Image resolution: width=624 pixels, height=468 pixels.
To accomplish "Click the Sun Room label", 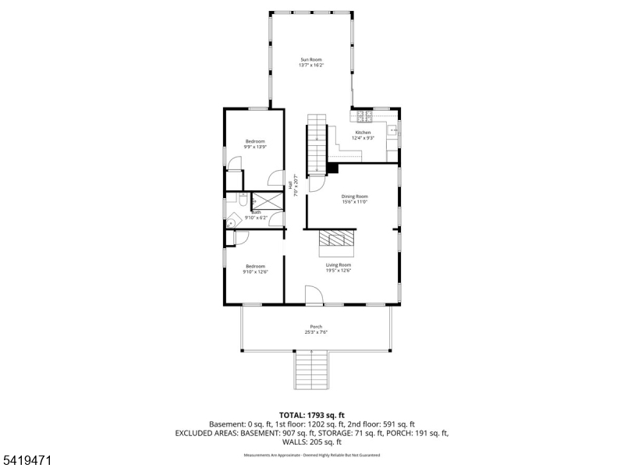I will click(x=311, y=59).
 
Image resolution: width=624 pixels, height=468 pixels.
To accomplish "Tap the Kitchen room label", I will click(x=363, y=133).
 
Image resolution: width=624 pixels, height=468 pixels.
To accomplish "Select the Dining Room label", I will click(x=354, y=197).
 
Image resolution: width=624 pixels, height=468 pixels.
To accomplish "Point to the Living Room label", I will click(x=339, y=265).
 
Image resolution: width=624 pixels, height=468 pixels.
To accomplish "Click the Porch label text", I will click(x=316, y=327).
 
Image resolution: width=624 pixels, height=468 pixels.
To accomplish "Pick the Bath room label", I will click(x=255, y=212).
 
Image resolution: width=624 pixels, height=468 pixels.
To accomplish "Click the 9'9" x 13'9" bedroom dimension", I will click(x=255, y=147).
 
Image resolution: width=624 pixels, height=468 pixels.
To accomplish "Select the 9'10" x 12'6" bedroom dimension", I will click(x=255, y=271).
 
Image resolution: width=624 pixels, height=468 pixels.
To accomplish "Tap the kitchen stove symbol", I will click(x=364, y=117).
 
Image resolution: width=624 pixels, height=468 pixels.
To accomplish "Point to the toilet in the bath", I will click(x=243, y=200).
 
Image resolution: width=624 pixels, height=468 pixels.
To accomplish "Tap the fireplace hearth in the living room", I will click(x=338, y=243).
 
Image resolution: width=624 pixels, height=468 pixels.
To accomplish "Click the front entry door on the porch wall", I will click(x=313, y=296).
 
